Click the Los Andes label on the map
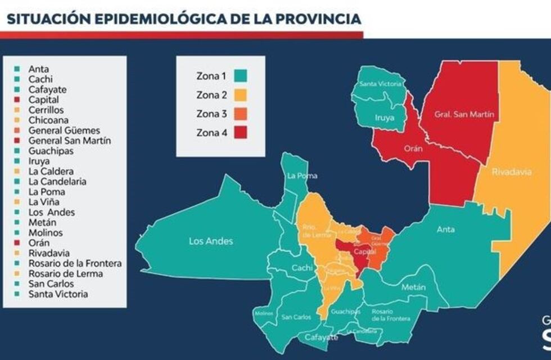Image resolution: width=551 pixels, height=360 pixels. [210, 241]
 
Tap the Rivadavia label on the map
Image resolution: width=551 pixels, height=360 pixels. [511, 172]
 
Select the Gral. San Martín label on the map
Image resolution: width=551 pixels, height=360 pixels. [457, 114]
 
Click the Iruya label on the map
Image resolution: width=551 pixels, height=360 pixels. [384, 118]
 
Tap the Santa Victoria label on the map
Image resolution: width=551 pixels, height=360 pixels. [381, 84]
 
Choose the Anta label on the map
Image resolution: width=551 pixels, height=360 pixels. [446, 229]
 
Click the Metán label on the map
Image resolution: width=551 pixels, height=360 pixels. [414, 287]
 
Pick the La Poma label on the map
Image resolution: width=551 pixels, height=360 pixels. [302, 175]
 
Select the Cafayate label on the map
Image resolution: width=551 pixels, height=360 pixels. [322, 337]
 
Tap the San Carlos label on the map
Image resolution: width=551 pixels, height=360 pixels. [296, 317]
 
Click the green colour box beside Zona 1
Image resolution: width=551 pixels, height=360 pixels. [241, 75]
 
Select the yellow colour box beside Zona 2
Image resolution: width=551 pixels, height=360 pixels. [241, 94]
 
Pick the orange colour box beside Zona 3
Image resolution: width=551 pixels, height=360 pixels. [241, 114]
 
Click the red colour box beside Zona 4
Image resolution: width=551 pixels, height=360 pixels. [241, 133]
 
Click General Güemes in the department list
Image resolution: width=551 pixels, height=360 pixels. [64, 130]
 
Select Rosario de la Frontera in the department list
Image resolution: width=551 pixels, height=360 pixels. [75, 263]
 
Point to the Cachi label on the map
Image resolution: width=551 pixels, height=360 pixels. [302, 268]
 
